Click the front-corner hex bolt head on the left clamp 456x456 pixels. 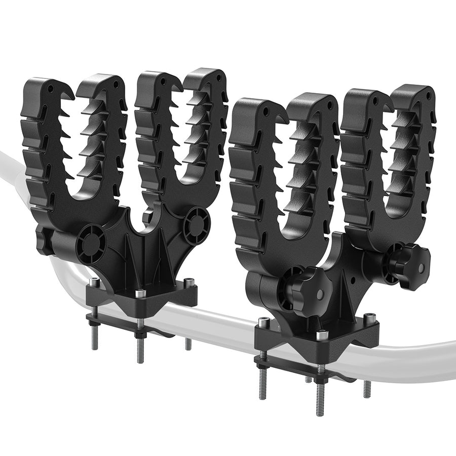[140, 293]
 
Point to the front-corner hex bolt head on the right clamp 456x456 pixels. [320, 335]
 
